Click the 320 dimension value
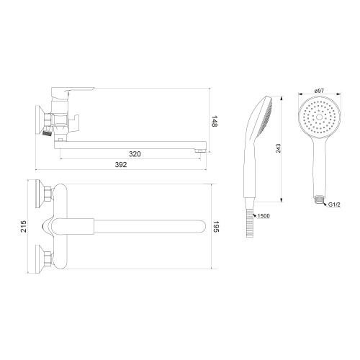[135, 154]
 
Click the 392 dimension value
[121, 165]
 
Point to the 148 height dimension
[215, 122]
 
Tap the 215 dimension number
[24, 226]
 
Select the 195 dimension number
[216, 227]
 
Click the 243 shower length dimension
[279, 148]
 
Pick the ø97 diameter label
[319, 91]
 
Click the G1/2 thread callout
[334, 204]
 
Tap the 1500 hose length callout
[264, 216]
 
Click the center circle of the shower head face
[319, 117]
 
